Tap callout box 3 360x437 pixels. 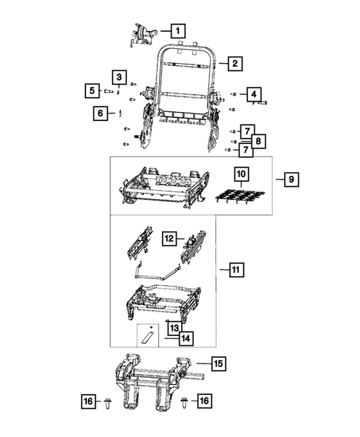[119, 77]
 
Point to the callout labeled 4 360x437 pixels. [253, 94]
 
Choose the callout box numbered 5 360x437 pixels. [92, 91]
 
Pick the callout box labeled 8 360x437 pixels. [256, 140]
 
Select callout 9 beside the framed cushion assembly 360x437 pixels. [289, 180]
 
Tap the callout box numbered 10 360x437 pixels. [241, 176]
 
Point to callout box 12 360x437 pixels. [169, 239]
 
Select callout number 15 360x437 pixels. [218, 364]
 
